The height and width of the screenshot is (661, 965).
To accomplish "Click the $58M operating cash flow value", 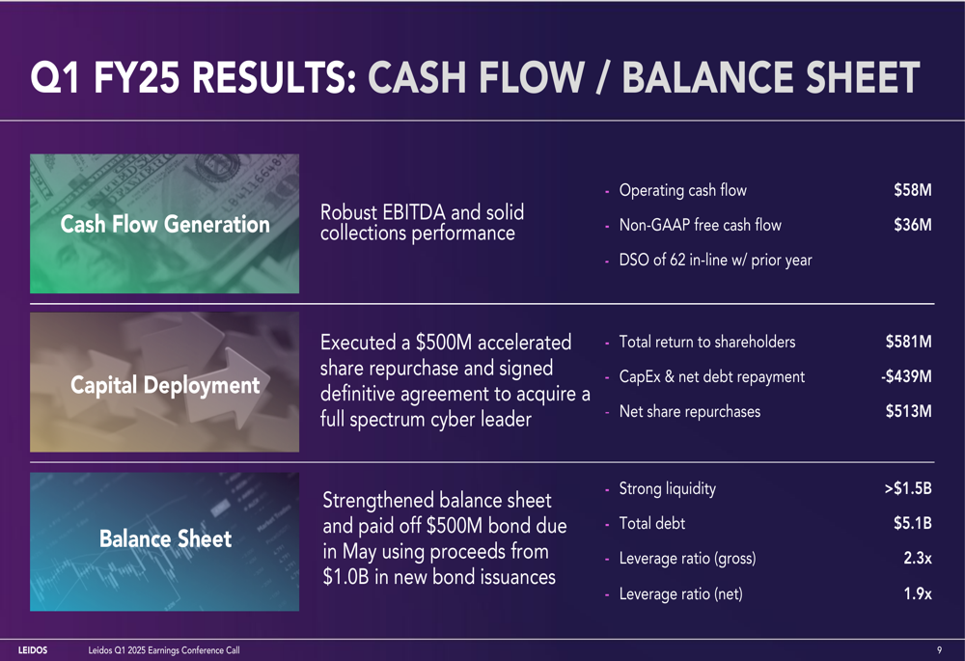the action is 913,190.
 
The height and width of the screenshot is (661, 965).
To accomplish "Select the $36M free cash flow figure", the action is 913,225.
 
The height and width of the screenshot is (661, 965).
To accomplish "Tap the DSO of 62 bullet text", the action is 715,261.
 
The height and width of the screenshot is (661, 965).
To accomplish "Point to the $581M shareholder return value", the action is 908,342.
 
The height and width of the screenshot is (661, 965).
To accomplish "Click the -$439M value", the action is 906,376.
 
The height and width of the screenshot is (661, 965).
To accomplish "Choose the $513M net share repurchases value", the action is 908,411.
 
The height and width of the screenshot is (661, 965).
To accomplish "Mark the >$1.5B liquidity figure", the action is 908,488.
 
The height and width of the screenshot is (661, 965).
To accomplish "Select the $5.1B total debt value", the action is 913,523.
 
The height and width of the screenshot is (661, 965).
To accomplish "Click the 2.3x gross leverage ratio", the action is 918,558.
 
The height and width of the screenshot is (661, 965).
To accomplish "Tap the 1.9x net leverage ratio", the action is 918,593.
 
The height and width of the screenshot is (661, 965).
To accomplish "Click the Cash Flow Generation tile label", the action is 165,224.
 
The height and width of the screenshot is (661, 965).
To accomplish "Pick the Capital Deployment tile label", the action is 165,385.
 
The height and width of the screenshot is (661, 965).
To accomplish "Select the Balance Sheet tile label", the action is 166,538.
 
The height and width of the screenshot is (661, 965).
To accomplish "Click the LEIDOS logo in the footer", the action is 33,650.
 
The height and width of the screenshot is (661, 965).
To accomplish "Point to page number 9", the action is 939,650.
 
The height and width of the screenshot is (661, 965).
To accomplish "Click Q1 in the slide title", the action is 55,77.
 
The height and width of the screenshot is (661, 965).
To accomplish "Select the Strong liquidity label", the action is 667,488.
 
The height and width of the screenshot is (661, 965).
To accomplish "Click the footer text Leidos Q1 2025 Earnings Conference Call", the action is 164,650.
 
